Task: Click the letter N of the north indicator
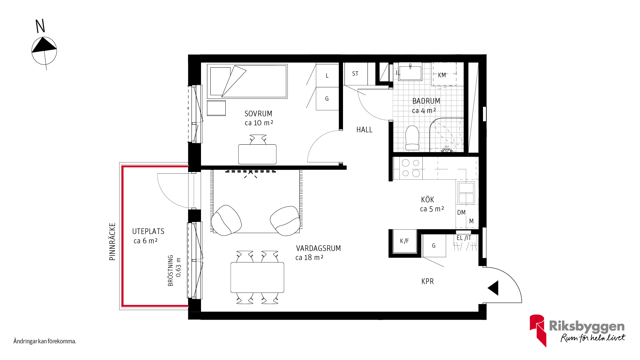click(40, 26)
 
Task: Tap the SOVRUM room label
click(258, 114)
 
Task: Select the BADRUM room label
click(426, 101)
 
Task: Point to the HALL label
click(364, 130)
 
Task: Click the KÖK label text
click(428, 199)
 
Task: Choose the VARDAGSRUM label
click(318, 248)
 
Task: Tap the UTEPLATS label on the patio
click(148, 231)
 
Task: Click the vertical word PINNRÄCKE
click(112, 242)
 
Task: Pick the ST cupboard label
click(355, 74)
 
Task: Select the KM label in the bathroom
click(442, 75)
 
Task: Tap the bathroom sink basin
click(410, 72)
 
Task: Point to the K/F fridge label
click(404, 241)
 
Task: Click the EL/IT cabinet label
click(464, 238)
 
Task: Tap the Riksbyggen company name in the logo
click(587, 326)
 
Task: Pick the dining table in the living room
click(257, 277)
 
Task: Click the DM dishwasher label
click(461, 213)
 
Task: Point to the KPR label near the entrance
click(428, 281)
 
